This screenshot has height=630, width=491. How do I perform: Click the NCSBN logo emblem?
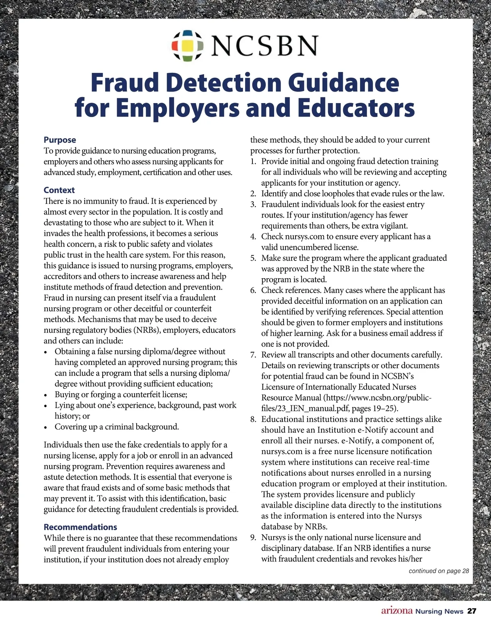click(x=187, y=45)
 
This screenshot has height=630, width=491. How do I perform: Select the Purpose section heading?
click(x=60, y=140)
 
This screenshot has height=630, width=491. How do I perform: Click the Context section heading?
click(x=59, y=190)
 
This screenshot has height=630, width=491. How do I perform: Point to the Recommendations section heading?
click(x=80, y=527)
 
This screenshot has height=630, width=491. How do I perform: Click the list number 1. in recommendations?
click(x=253, y=162)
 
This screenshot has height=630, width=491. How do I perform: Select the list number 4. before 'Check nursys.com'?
click(x=253, y=237)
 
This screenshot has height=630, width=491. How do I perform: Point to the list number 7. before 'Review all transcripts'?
click(x=253, y=355)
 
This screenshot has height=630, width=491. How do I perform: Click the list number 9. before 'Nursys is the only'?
click(x=253, y=538)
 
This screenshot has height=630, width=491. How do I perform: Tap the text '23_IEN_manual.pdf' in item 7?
click(x=295, y=408)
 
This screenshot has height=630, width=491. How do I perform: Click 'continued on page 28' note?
click(x=439, y=571)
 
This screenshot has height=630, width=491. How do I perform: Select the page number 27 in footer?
click(x=472, y=612)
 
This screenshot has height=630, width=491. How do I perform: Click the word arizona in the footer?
click(x=396, y=611)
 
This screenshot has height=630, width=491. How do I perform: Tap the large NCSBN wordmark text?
click(x=264, y=45)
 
